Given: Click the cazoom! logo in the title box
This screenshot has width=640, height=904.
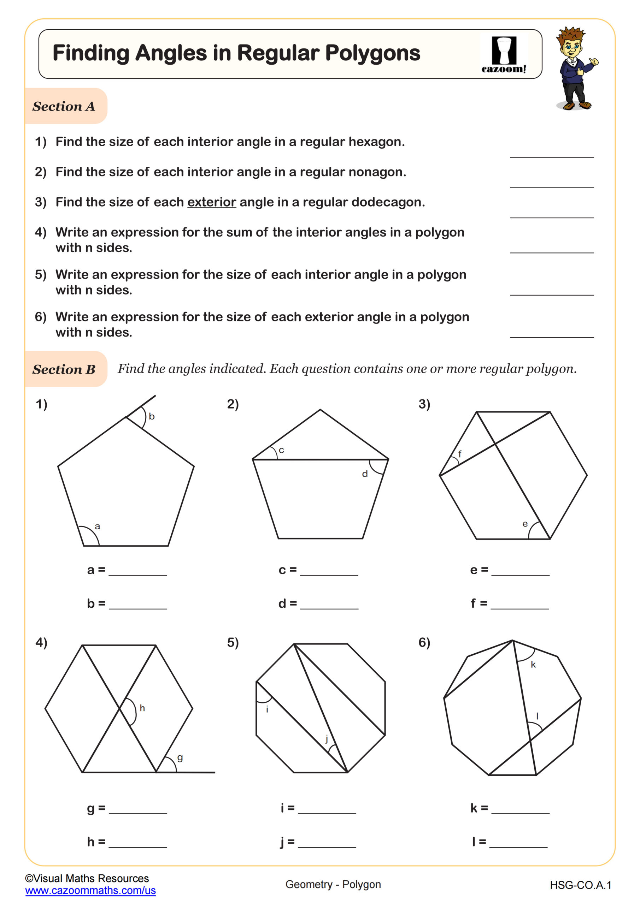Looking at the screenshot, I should pyautogui.click(x=504, y=55).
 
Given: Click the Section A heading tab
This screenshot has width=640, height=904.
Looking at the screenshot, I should pyautogui.click(x=64, y=106).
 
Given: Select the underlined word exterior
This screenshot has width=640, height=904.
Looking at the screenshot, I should pyautogui.click(x=212, y=202).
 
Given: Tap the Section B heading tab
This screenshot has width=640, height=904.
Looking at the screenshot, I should pyautogui.click(x=64, y=369).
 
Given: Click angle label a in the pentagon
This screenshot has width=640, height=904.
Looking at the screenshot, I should pyautogui.click(x=97, y=527).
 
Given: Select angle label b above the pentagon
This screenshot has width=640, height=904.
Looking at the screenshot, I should pyautogui.click(x=152, y=416).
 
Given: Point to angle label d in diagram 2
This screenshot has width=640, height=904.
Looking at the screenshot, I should pyautogui.click(x=365, y=474).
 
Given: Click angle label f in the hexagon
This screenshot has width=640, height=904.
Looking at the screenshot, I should pyautogui.click(x=459, y=454).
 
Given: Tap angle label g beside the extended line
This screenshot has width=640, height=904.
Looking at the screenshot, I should pyautogui.click(x=180, y=757).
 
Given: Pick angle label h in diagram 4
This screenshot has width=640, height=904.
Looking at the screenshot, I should pyautogui.click(x=142, y=708).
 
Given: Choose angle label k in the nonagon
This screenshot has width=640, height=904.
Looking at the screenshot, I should pyautogui.click(x=533, y=665).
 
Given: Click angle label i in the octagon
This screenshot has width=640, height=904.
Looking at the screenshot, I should pyautogui.click(x=267, y=709).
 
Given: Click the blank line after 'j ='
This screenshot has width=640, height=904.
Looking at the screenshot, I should pyautogui.click(x=327, y=846).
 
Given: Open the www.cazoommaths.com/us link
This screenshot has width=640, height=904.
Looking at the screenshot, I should pyautogui.click(x=90, y=891).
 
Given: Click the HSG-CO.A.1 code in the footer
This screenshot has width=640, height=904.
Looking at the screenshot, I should pyautogui.click(x=581, y=885).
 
